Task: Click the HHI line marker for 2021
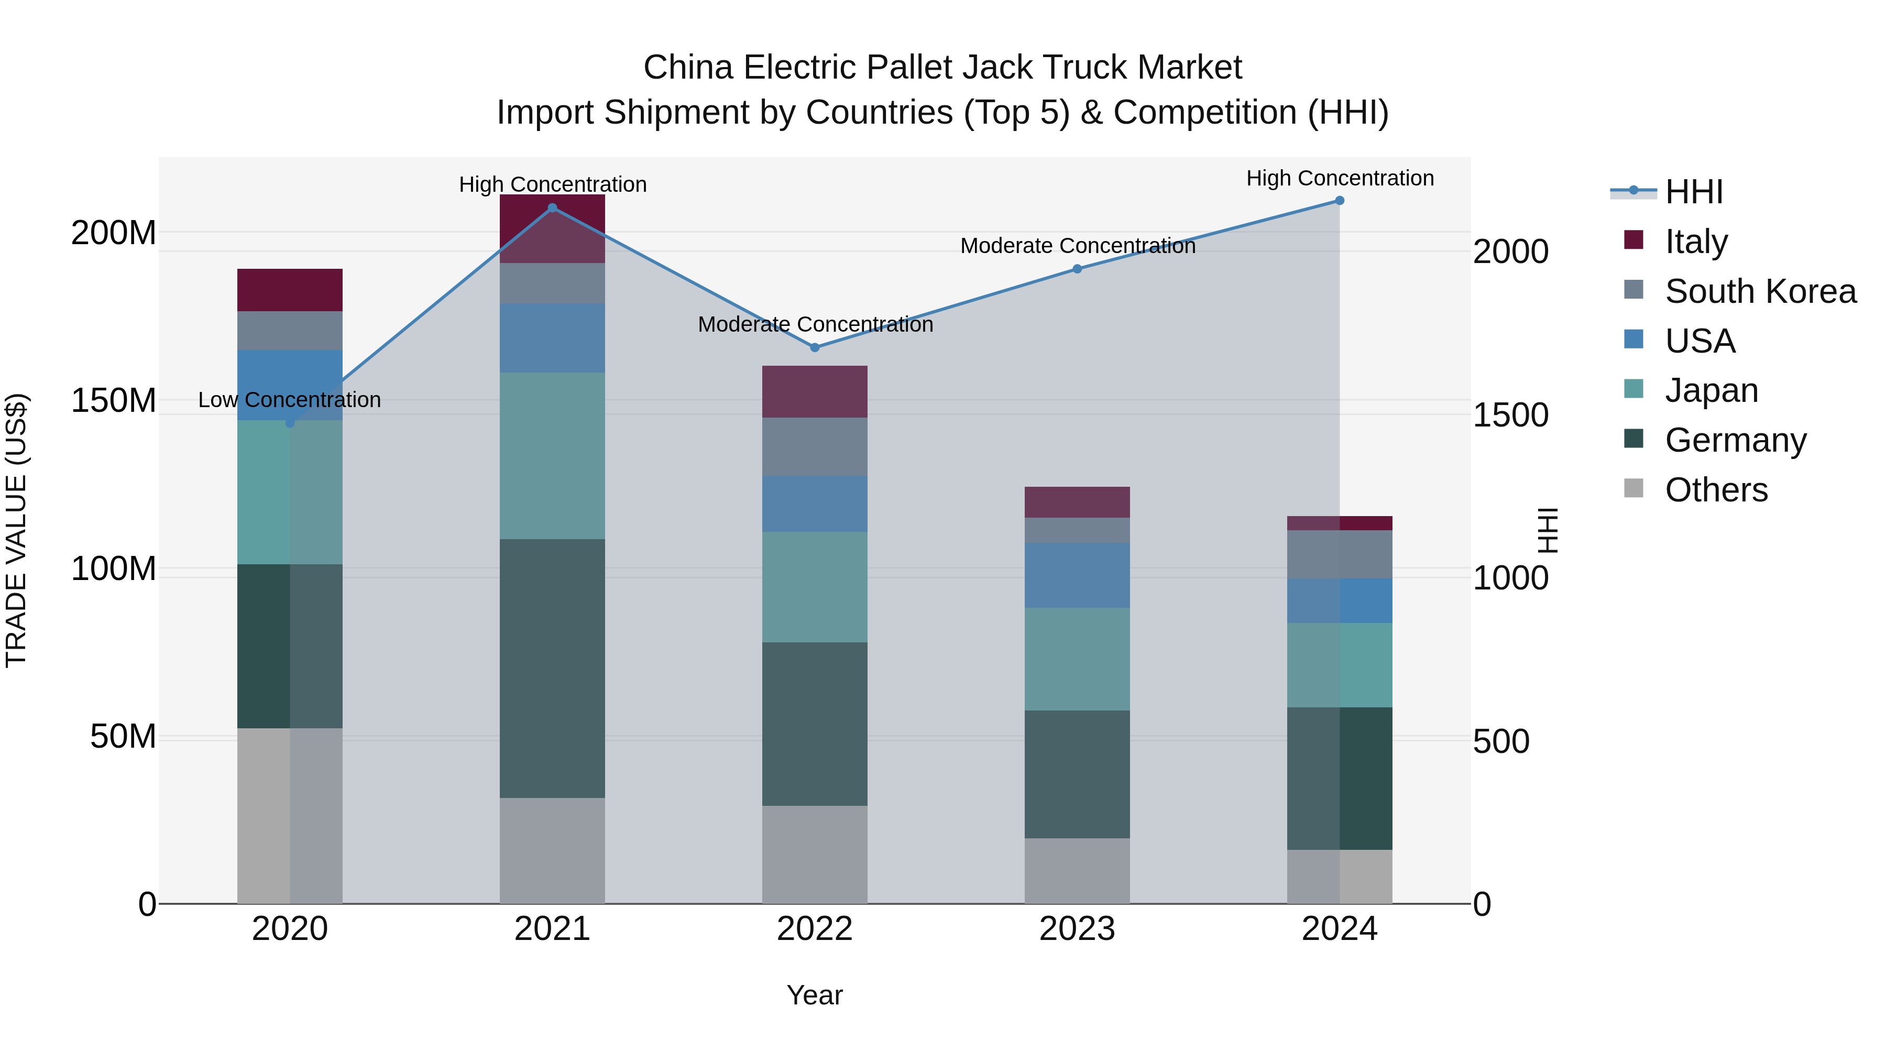click(x=552, y=208)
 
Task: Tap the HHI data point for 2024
click(x=1339, y=201)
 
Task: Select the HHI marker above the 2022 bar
click(x=814, y=347)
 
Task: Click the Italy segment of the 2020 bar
click(x=289, y=290)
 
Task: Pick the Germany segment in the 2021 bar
click(x=552, y=668)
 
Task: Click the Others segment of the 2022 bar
click(x=814, y=854)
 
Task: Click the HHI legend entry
click(x=1693, y=192)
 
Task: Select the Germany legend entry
click(x=1735, y=440)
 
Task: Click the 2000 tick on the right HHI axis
click(x=1510, y=252)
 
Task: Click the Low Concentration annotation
click(x=289, y=400)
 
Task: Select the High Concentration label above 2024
click(x=1339, y=178)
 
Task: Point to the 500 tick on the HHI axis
click(x=1500, y=742)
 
